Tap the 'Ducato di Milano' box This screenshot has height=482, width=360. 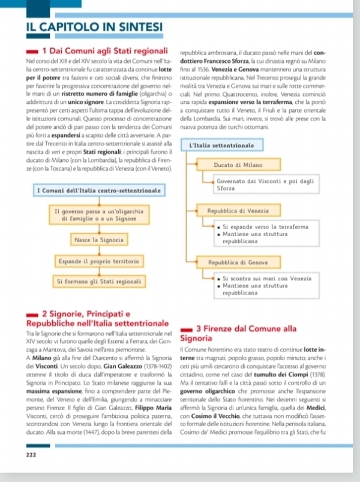(238, 164)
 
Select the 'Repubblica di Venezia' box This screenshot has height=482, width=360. (238, 211)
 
